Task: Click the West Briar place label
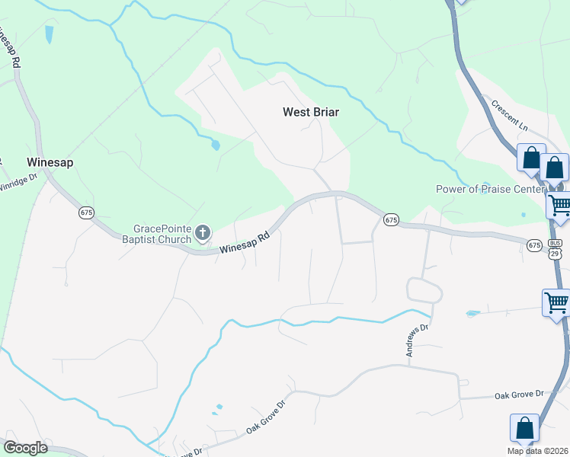tap(310, 112)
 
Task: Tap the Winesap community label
tap(48, 162)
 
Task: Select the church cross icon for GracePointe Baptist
tap(203, 233)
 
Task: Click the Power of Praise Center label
tap(490, 189)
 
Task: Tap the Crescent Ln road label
tap(509, 113)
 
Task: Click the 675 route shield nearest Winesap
tap(86, 213)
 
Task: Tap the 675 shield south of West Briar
tap(391, 219)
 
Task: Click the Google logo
tap(25, 447)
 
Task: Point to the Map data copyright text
tap(538, 450)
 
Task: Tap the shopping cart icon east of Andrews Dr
tap(556, 302)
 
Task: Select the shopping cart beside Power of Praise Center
tap(559, 204)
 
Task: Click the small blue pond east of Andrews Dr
tap(472, 313)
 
